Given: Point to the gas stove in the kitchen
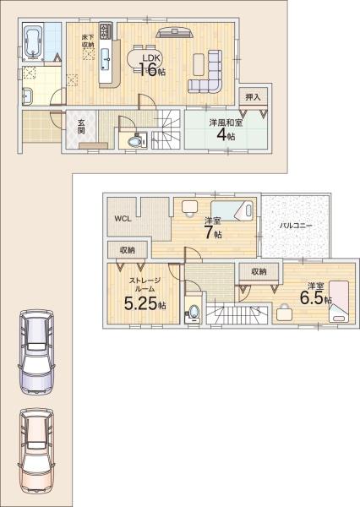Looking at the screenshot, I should (x=106, y=31).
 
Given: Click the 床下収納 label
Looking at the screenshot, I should (x=88, y=41).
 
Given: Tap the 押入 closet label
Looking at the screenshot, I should (x=253, y=98).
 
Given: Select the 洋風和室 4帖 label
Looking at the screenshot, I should (x=226, y=128).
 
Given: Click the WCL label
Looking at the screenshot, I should (x=123, y=219).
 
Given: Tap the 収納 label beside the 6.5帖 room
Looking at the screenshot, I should (x=258, y=271).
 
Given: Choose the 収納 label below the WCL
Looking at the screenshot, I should (x=127, y=249).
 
